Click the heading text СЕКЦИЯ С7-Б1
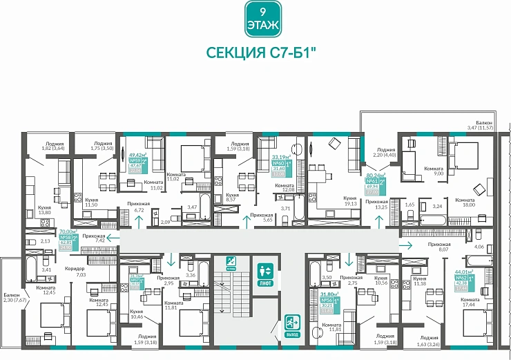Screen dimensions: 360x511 click(x=256, y=53)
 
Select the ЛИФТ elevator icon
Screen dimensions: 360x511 click(x=266, y=274)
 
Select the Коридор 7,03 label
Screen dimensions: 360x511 click(x=76, y=272)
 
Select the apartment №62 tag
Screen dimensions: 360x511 click(x=460, y=282)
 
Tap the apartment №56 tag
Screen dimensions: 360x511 click(x=327, y=300)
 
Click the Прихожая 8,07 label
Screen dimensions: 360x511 click(x=438, y=247)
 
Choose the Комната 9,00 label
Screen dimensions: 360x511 click(x=434, y=171)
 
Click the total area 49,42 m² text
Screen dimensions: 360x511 click(x=135, y=155)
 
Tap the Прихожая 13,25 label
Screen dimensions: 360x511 click(x=377, y=204)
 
